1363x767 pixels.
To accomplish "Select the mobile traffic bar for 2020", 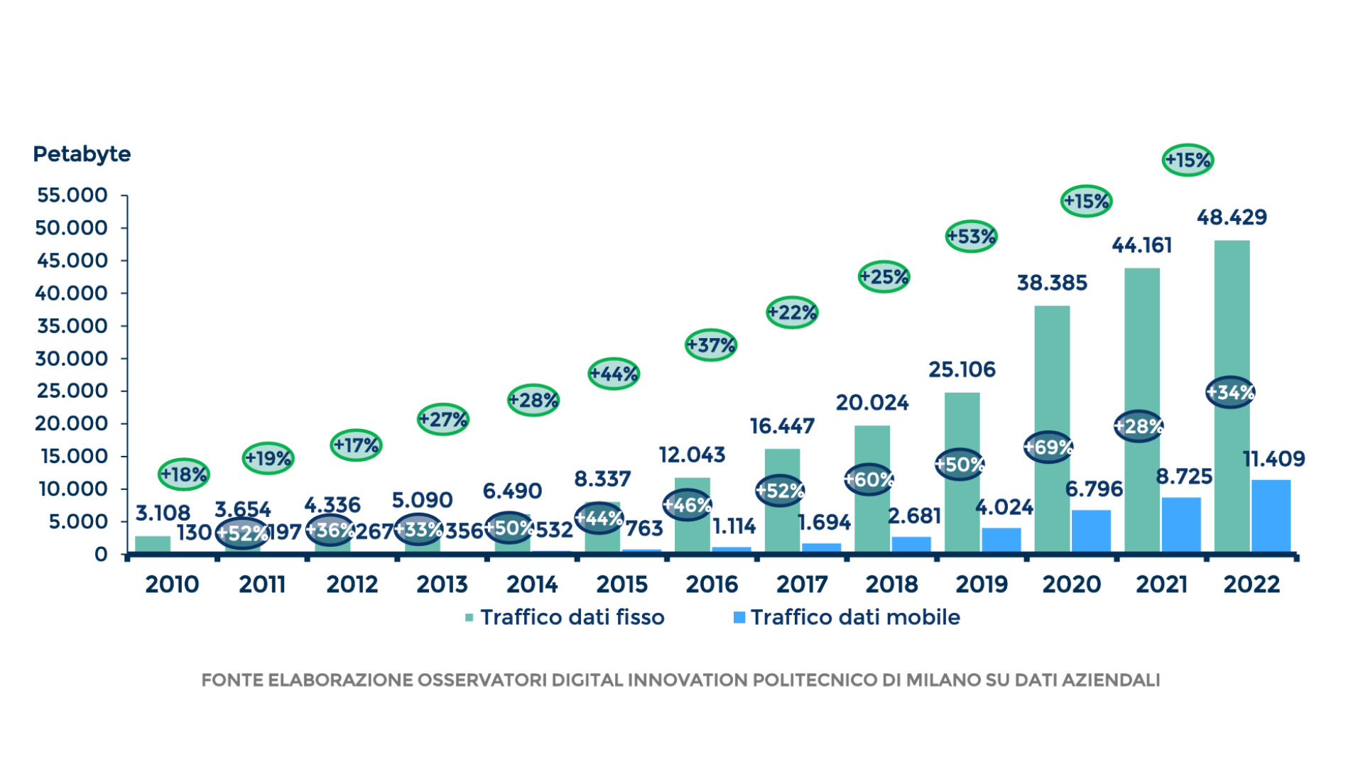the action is (x=1091, y=531).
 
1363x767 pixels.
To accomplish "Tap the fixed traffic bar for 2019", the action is (x=962, y=472).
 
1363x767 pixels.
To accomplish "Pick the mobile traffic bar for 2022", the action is (x=1271, y=516).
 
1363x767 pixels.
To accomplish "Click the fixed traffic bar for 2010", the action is (x=153, y=544).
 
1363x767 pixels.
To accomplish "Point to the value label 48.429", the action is (x=1232, y=217).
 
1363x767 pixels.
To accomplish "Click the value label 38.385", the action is (x=1052, y=283).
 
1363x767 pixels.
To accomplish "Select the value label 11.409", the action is (x=1274, y=459).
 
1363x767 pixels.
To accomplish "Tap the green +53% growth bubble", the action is (x=971, y=236).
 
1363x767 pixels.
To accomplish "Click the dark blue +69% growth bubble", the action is (x=1048, y=447).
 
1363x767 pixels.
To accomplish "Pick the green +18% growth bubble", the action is (x=183, y=474).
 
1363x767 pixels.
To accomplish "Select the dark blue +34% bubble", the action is (x=1230, y=392).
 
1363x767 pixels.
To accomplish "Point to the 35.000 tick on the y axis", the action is (x=71, y=326).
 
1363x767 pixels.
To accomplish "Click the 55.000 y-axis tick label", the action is (x=72, y=195).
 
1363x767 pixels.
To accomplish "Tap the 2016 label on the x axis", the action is (x=712, y=584).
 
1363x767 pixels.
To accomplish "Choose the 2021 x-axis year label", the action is (x=1161, y=584).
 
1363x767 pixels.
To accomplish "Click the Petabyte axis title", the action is (x=82, y=154).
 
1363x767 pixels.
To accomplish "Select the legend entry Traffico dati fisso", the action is (x=565, y=617).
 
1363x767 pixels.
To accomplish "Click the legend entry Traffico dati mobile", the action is (x=847, y=617).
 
